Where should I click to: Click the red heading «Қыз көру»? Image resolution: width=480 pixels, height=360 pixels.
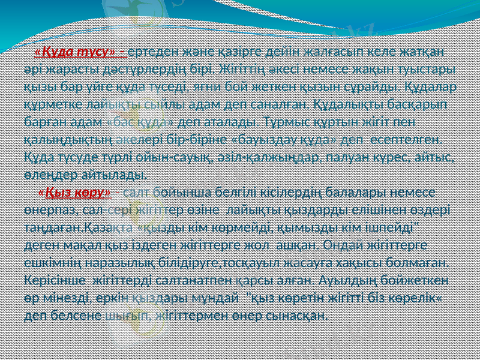pos(74,192)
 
